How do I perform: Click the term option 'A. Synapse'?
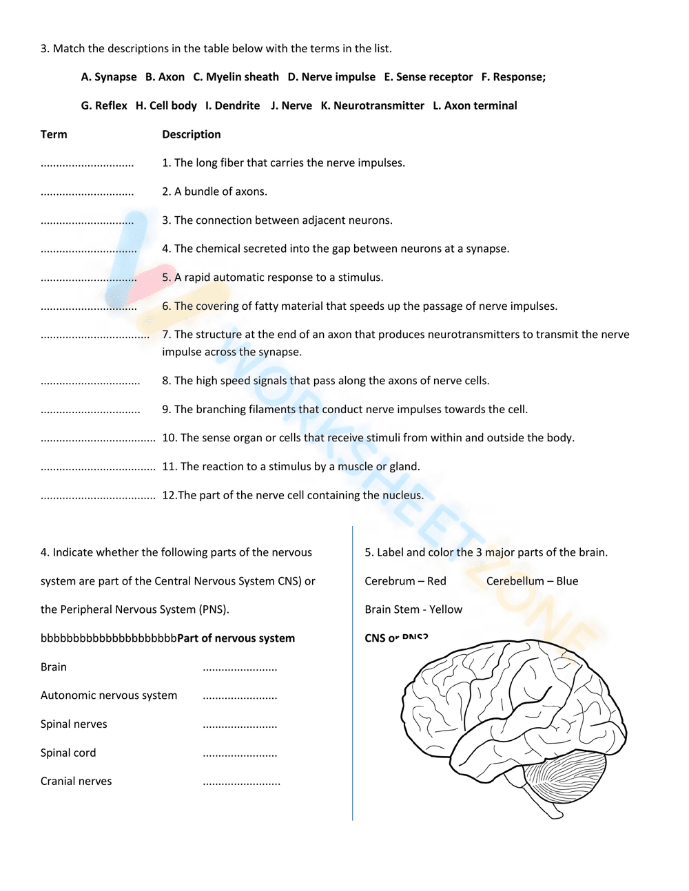click(109, 77)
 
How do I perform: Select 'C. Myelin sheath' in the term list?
click(236, 77)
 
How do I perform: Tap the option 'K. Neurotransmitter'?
click(372, 105)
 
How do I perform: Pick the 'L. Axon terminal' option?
click(475, 105)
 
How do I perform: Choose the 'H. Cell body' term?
click(166, 105)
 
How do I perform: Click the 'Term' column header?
click(54, 134)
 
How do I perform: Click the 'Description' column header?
click(192, 134)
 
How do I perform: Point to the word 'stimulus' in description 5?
click(360, 277)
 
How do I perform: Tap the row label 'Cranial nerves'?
click(76, 782)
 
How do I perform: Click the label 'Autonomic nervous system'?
click(109, 695)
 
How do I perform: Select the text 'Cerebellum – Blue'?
click(532, 581)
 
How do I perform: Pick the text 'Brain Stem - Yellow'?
click(413, 609)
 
